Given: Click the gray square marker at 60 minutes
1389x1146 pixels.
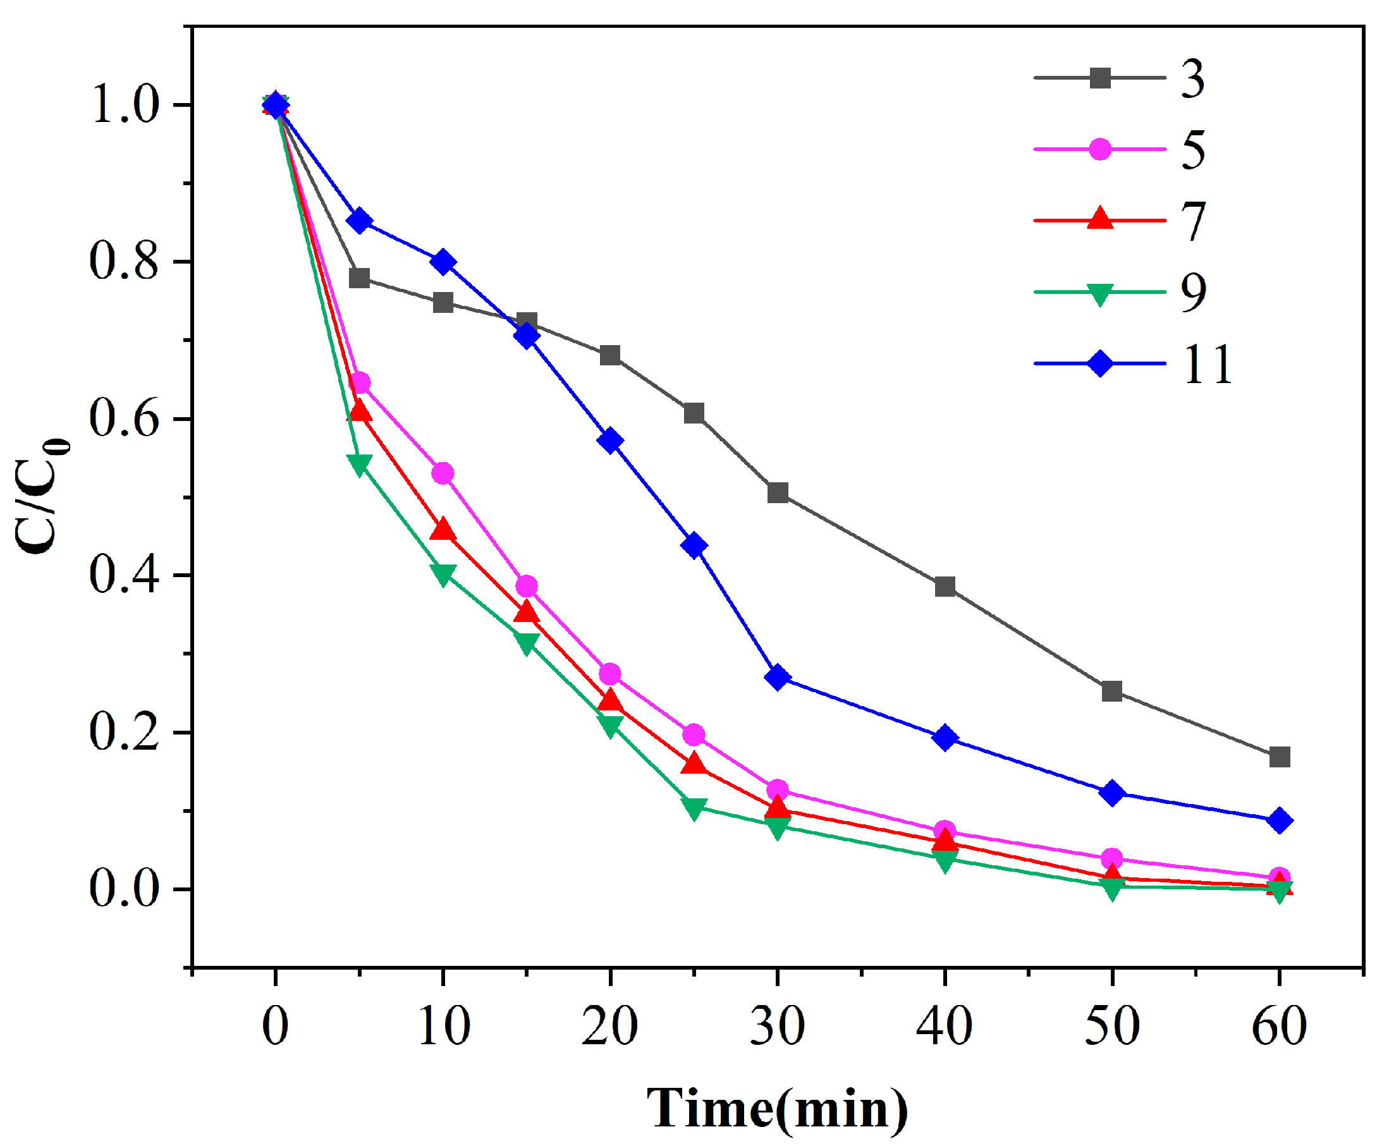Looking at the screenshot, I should pyautogui.click(x=1280, y=757).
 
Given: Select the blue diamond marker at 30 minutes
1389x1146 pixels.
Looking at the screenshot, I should pyautogui.click(x=778, y=678).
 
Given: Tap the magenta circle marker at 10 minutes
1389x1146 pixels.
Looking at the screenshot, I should pyautogui.click(x=443, y=473).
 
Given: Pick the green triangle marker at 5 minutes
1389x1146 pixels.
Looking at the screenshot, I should pyautogui.click(x=359, y=465).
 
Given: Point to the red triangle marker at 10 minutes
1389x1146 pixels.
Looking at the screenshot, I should pyautogui.click(x=443, y=530).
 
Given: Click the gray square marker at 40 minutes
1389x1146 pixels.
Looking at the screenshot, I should pyautogui.click(x=945, y=586).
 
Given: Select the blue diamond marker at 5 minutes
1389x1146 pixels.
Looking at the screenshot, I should pyautogui.click(x=359, y=221).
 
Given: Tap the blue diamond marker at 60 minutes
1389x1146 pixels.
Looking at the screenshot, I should pyautogui.click(x=1280, y=820).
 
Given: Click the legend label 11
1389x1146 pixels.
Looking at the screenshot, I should pyautogui.click(x=1207, y=363).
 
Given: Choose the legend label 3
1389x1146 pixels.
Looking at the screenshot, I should pyautogui.click(x=1192, y=78).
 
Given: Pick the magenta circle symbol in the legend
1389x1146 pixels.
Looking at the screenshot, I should pyautogui.click(x=1100, y=149).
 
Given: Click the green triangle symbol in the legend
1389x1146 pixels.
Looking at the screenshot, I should pyautogui.click(x=1100, y=294).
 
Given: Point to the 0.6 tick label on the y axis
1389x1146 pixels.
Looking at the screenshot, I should pyautogui.click(x=123, y=418).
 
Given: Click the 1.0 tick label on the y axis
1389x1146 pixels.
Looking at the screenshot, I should pyautogui.click(x=125, y=106).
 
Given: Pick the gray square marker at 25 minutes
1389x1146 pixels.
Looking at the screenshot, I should pyautogui.click(x=694, y=414).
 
